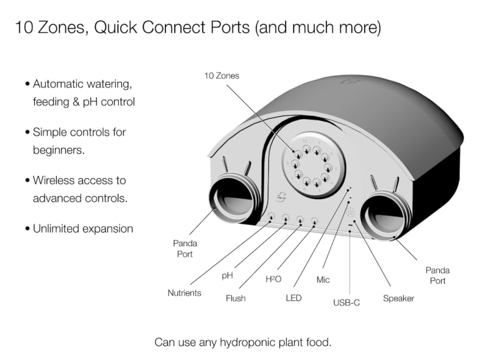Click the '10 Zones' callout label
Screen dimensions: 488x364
(221, 76)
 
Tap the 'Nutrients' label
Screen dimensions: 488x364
(184, 293)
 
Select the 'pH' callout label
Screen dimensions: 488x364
(227, 276)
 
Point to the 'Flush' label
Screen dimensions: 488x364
(235, 298)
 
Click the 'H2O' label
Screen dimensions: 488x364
(273, 279)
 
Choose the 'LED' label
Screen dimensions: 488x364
(293, 298)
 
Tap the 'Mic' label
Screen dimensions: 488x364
(323, 280)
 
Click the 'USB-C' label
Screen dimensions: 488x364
(346, 302)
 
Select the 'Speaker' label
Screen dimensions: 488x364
(398, 298)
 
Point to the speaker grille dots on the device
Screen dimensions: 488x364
(350, 212)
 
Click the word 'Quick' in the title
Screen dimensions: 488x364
(115, 27)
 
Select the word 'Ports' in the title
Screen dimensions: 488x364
(230, 27)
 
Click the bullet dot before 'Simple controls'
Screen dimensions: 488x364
(27, 133)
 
